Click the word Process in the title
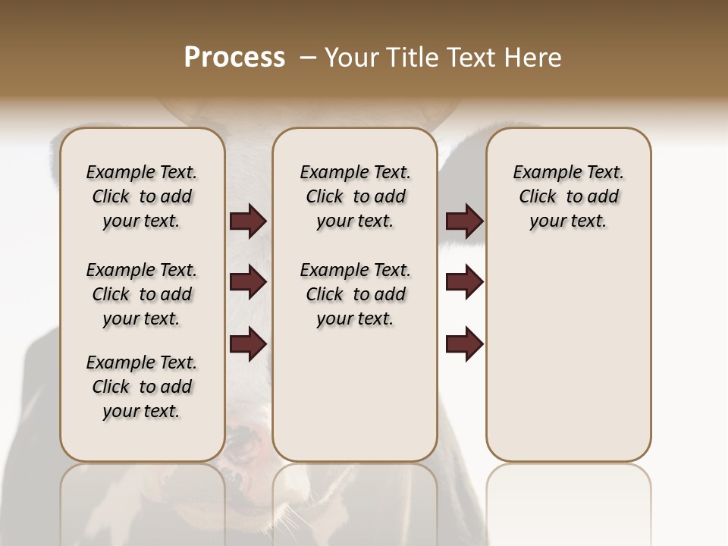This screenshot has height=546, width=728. click(234, 58)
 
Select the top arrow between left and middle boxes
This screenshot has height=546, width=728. click(248, 221)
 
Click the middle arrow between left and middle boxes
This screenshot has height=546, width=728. click(248, 283)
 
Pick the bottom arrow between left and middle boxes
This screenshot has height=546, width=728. click(248, 344)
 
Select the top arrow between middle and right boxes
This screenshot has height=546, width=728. click(464, 221)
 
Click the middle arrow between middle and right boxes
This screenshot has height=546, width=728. click(464, 283)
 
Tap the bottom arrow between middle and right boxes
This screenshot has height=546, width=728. click(464, 344)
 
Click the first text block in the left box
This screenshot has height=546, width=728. click(142, 196)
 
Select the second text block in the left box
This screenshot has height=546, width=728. click(142, 294)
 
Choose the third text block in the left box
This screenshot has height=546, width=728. click(142, 387)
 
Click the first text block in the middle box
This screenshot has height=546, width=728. click(355, 196)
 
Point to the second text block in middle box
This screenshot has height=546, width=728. click(355, 294)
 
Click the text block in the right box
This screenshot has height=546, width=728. click(568, 196)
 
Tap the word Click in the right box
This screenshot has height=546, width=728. click(538, 197)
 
